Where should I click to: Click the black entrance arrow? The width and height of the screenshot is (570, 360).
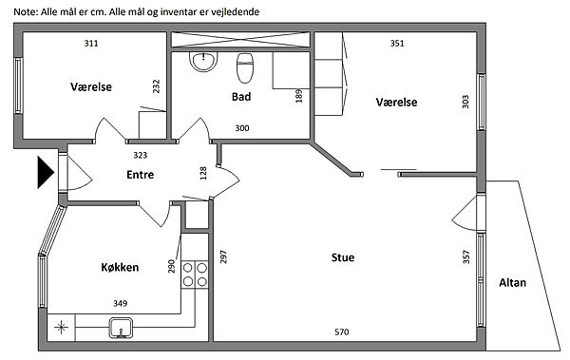[x=46, y=172]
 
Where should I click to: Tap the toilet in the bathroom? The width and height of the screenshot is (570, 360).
[x=245, y=68]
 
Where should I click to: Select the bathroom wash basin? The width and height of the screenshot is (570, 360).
[x=203, y=61]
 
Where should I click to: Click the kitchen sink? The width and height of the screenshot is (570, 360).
[x=122, y=328]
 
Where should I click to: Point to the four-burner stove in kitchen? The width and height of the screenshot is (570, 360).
[x=195, y=275]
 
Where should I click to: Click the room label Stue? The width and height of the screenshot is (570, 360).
[x=343, y=257]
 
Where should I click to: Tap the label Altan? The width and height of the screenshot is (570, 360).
[x=513, y=282]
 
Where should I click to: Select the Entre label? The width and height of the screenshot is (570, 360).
[x=141, y=175]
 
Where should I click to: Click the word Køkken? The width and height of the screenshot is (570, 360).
[x=120, y=267]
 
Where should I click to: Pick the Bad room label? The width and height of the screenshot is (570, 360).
[x=241, y=97]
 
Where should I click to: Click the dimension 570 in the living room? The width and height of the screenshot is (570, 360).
[x=342, y=332]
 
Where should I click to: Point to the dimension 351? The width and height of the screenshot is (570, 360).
[x=397, y=44]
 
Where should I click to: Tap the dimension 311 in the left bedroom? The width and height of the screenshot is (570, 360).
[x=91, y=44]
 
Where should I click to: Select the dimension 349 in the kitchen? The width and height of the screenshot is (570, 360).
[x=120, y=303]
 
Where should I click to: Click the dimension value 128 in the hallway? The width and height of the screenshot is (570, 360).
[x=203, y=173]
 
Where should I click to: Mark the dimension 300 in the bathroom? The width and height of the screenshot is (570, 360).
[x=242, y=128]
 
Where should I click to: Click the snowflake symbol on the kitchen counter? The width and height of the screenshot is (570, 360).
[x=61, y=328]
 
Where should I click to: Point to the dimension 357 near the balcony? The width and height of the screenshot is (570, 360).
[x=466, y=257]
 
